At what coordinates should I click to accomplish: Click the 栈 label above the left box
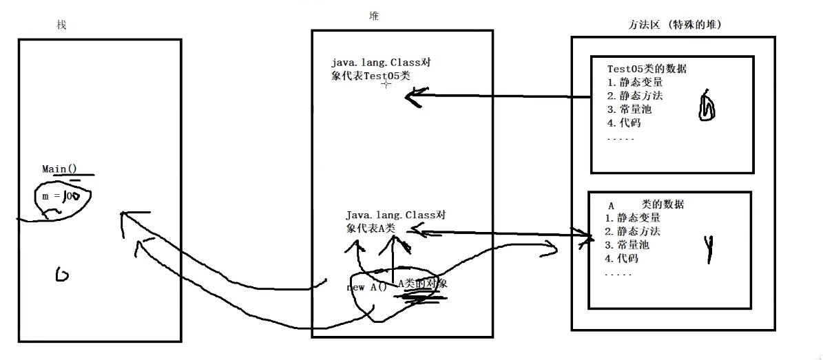coord(61,25)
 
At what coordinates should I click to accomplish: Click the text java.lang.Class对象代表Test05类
coord(381,70)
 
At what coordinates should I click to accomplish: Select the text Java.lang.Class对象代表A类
coord(395,222)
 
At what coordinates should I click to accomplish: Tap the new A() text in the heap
coord(367,287)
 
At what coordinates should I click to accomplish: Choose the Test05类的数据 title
coord(646,68)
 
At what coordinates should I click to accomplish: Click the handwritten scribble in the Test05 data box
coord(707,107)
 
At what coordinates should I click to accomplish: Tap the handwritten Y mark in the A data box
coord(707,248)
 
